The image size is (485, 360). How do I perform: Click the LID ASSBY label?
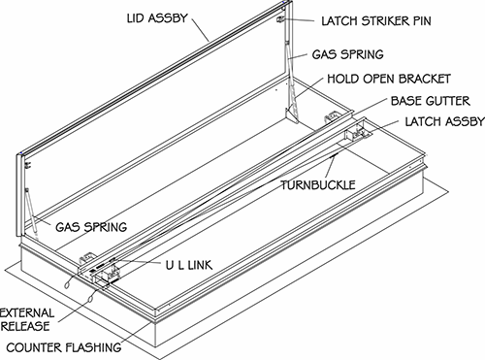(157, 18)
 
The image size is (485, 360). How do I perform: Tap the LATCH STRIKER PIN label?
(376, 21)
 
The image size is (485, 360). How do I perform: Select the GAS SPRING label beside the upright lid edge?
(347, 54)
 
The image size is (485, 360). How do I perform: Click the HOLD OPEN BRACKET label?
(389, 79)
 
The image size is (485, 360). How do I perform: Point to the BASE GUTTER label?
(430, 101)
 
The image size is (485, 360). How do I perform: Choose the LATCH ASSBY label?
(444, 121)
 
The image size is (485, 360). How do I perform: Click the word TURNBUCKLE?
(318, 185)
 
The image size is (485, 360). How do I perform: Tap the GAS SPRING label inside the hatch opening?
(91, 227)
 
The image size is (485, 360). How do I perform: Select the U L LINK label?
(189, 266)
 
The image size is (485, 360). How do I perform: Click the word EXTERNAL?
(27, 313)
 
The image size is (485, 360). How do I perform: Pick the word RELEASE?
(25, 326)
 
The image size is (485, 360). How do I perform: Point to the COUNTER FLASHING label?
(64, 347)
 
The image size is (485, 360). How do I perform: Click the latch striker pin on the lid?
(280, 19)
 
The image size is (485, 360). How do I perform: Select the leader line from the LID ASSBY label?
(200, 29)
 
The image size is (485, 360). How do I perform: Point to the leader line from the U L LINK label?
(138, 261)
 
